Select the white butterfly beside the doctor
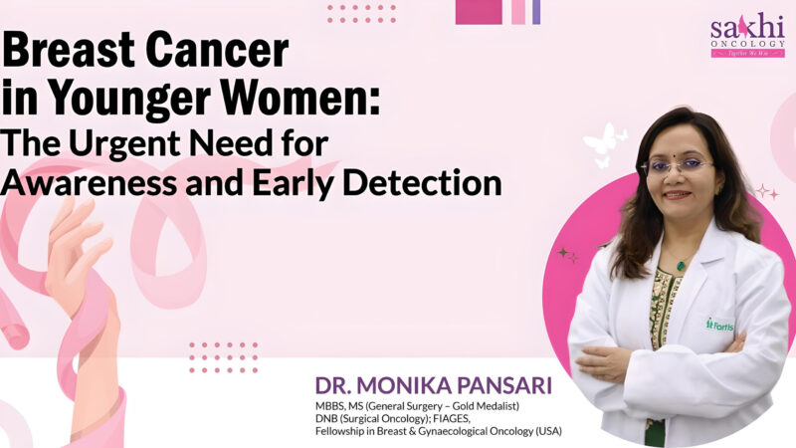coord(602,144)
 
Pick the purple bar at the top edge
coord(536,11)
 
